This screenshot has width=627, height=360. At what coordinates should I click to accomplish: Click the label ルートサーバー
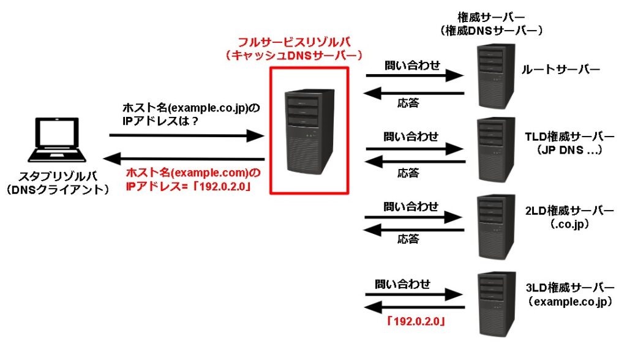(x=560, y=71)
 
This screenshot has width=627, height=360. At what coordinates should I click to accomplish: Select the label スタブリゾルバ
(x=57, y=177)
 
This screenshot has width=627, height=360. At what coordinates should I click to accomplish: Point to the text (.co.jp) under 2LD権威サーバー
(x=569, y=225)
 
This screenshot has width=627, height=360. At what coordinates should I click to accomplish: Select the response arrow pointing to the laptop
(x=184, y=158)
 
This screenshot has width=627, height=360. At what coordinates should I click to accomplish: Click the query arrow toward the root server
(x=414, y=76)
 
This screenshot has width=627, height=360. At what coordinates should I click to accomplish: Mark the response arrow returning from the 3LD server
(x=414, y=307)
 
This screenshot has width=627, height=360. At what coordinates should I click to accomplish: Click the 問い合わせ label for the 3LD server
(x=402, y=283)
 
